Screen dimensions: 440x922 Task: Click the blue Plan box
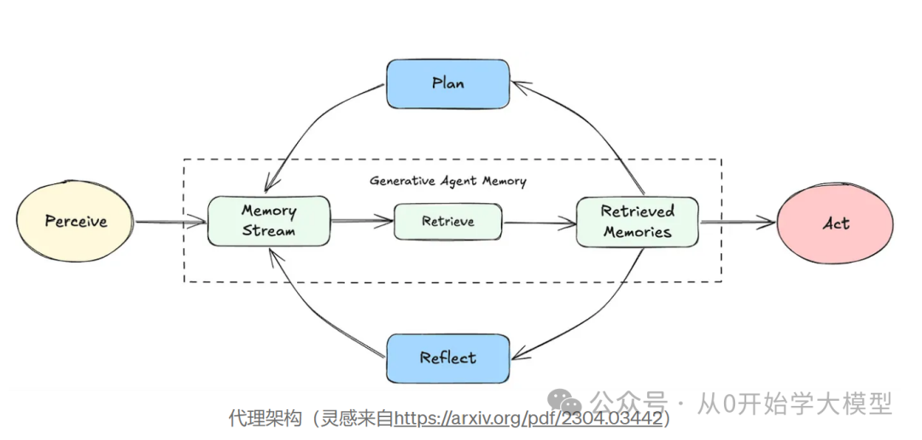[x=447, y=84]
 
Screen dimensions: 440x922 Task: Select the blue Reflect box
[x=447, y=358]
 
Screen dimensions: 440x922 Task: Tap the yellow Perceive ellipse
[x=76, y=222]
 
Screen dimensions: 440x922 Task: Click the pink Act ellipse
[x=835, y=223]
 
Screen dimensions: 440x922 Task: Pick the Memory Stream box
[x=268, y=221]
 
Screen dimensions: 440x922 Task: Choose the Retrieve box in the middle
[x=447, y=222]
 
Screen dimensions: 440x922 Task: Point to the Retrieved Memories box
[x=637, y=222]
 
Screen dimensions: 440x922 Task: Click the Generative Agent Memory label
[x=447, y=181]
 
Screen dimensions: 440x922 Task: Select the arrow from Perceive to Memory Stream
[x=171, y=223]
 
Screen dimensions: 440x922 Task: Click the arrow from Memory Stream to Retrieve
[x=361, y=222]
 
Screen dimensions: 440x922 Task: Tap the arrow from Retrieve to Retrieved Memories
[x=539, y=223]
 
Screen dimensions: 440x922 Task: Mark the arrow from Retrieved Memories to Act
[x=737, y=223]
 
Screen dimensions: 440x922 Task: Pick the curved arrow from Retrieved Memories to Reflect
[x=598, y=316]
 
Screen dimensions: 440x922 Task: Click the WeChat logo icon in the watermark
[x=565, y=401]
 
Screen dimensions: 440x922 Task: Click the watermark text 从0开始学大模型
[x=795, y=402]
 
